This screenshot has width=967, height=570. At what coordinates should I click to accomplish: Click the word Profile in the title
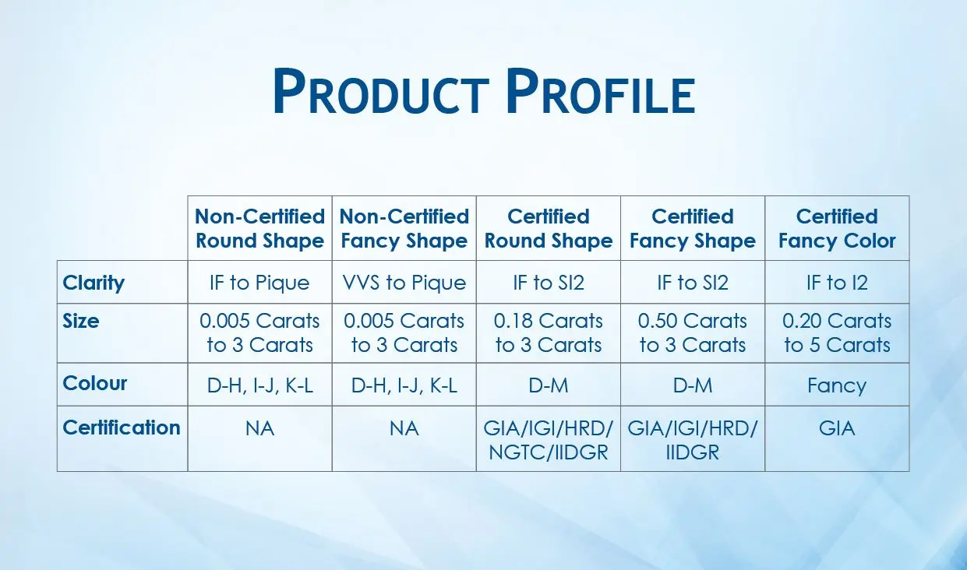pos(600,93)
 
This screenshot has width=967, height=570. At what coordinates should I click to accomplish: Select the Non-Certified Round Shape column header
pos(259,228)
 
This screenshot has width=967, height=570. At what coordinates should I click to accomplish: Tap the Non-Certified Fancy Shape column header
pos(404,228)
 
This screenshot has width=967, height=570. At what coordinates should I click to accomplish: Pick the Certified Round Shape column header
pos(549,228)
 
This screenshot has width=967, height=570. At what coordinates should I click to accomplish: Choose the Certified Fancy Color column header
pos(837,228)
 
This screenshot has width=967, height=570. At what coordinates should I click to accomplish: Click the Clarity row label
pos(94,283)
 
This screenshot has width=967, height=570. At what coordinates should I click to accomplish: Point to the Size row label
pos(81,321)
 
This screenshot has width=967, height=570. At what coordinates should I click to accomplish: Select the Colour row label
pos(95,384)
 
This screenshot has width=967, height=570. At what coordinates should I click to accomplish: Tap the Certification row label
pos(122,427)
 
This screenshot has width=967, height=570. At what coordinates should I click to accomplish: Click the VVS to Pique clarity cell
pos(404,283)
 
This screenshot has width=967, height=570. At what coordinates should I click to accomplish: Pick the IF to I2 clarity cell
pos(837,283)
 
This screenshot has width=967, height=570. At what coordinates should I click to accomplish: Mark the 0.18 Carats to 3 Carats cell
pos(549,333)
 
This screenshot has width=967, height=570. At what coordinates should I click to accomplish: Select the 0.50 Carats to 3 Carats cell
pos(693,333)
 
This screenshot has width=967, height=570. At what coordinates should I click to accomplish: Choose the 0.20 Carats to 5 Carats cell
pos(837,333)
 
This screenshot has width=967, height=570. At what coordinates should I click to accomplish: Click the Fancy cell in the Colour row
pos(837,385)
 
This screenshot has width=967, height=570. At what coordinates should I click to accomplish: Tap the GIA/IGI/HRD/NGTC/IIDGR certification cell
pos(549,440)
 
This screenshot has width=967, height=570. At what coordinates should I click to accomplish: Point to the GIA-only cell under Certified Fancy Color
pos(837,428)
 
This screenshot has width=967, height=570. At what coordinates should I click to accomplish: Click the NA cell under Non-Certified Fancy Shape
pos(404,428)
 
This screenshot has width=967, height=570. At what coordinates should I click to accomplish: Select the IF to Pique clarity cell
pos(259,283)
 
